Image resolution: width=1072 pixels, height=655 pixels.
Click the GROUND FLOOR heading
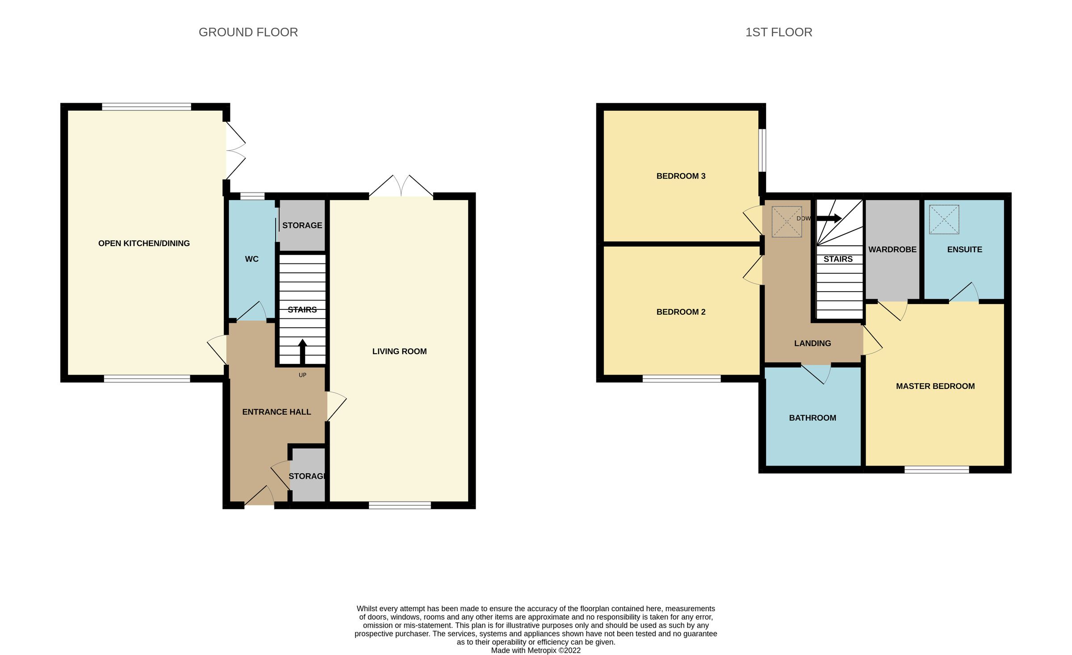(248, 32)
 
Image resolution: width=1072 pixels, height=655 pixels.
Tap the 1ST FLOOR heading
(779, 32)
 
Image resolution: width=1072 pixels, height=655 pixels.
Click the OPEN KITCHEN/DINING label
(144, 243)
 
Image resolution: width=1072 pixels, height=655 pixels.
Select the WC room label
(251, 259)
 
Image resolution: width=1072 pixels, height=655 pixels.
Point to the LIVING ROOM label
(399, 351)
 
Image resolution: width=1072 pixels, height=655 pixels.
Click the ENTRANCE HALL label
(276, 412)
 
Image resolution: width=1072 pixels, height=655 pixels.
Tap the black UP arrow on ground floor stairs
(302, 351)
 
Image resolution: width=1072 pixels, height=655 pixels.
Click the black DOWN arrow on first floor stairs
(829, 218)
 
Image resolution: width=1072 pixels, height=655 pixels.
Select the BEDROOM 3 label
(681, 176)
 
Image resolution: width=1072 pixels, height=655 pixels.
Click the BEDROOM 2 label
(681, 312)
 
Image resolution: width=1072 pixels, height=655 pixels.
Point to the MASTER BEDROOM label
(935, 386)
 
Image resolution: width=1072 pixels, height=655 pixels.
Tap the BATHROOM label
(812, 418)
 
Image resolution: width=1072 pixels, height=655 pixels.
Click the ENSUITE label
(964, 250)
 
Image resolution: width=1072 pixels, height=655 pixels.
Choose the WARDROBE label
(892, 250)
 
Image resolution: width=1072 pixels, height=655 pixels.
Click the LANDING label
(812, 343)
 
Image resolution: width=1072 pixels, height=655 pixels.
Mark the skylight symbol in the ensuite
(944, 219)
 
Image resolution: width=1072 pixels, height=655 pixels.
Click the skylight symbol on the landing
(787, 221)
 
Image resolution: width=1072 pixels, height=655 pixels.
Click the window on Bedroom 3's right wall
(763, 150)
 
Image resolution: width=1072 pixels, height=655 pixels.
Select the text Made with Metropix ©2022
(536, 650)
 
